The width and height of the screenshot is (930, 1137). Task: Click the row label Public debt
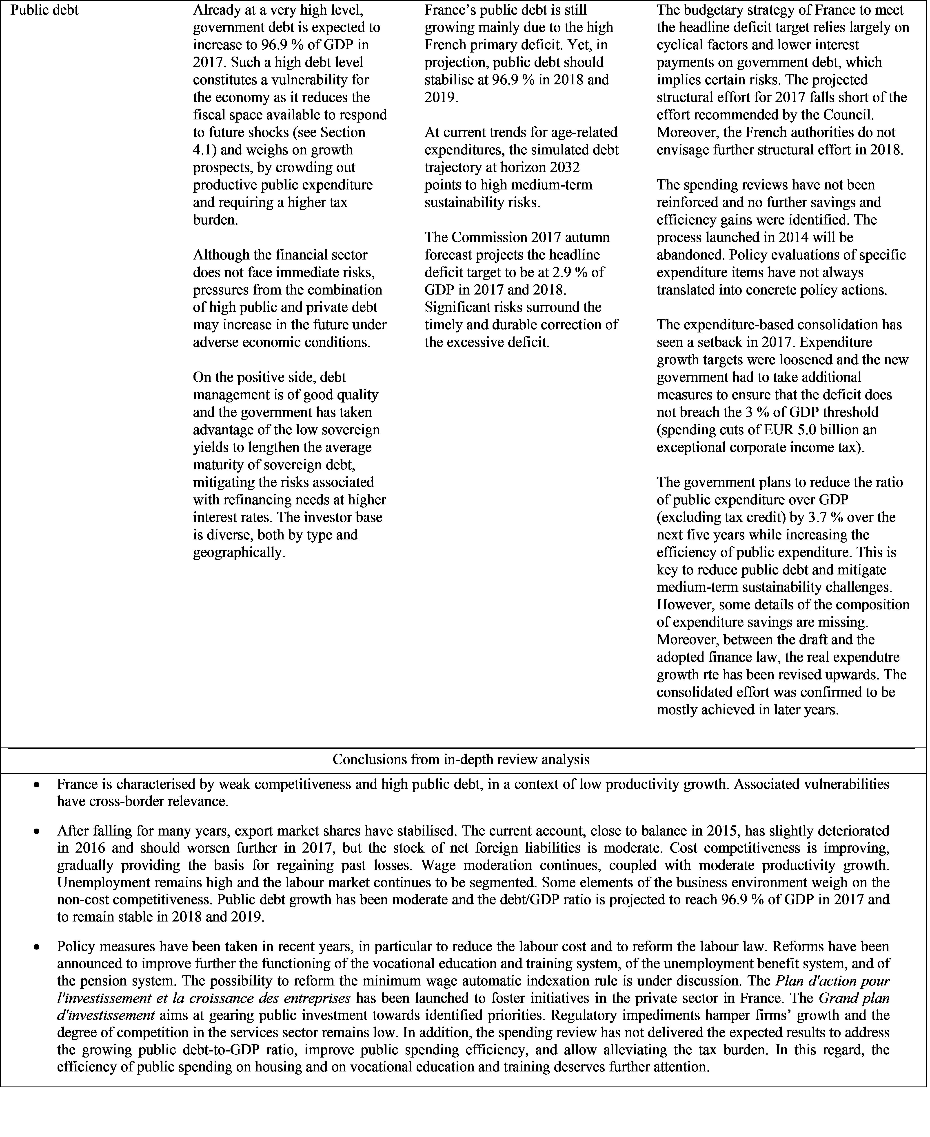click(x=45, y=10)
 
